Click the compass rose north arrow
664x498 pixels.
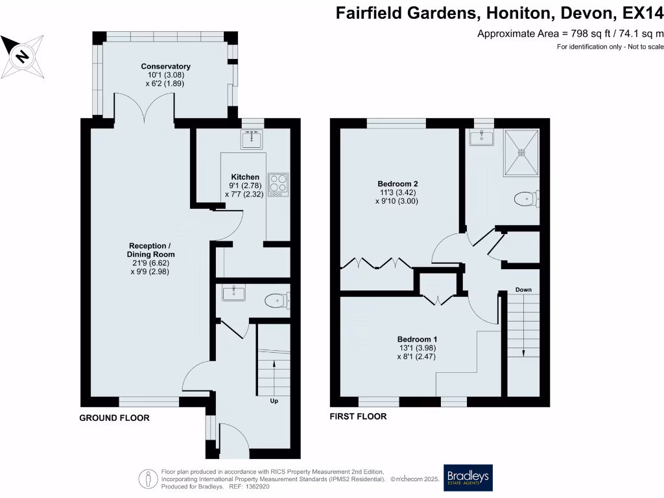click(22, 56)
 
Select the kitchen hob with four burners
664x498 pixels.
click(278, 184)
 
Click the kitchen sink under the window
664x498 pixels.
click(251, 138)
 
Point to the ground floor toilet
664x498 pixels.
click(277, 300)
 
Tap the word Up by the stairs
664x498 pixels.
click(274, 401)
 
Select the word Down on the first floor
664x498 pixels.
click(523, 289)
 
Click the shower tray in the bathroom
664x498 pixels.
click(522, 152)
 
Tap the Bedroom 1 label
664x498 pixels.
click(417, 339)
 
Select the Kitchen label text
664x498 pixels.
click(245, 177)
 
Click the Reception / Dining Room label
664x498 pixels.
click(151, 250)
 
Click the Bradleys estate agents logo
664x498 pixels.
click(468, 479)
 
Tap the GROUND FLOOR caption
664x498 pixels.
click(114, 418)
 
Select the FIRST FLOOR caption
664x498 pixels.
click(358, 416)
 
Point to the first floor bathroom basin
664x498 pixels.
click(481, 137)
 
